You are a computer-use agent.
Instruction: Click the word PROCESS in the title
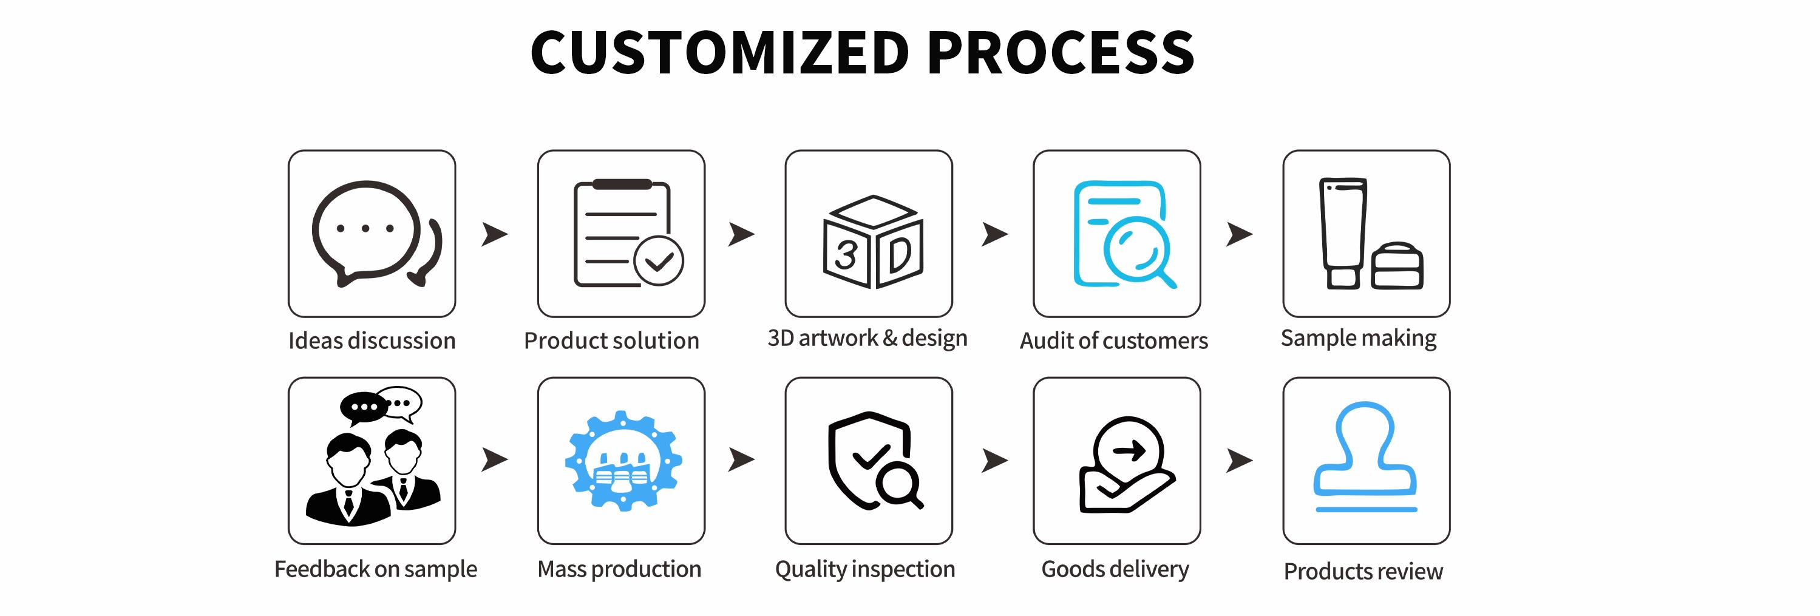(x=1060, y=53)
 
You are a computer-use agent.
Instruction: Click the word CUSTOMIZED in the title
(x=719, y=53)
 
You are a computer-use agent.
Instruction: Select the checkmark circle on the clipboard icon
(x=659, y=261)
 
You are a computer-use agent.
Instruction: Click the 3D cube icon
(x=872, y=242)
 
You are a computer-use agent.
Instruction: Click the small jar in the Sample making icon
(x=1397, y=266)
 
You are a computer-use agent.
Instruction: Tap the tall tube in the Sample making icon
(x=1342, y=232)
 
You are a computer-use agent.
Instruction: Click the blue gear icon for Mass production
(x=623, y=461)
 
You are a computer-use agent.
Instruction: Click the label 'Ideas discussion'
(x=372, y=340)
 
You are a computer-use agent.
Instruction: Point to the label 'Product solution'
(x=611, y=340)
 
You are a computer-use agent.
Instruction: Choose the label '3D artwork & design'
(x=867, y=337)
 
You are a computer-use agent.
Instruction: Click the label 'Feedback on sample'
(x=375, y=569)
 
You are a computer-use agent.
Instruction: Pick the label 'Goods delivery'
(x=1115, y=569)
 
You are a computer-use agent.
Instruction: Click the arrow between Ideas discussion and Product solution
(x=494, y=234)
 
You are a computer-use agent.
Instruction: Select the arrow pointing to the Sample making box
(x=1239, y=234)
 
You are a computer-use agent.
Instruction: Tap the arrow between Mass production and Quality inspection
(x=741, y=459)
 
